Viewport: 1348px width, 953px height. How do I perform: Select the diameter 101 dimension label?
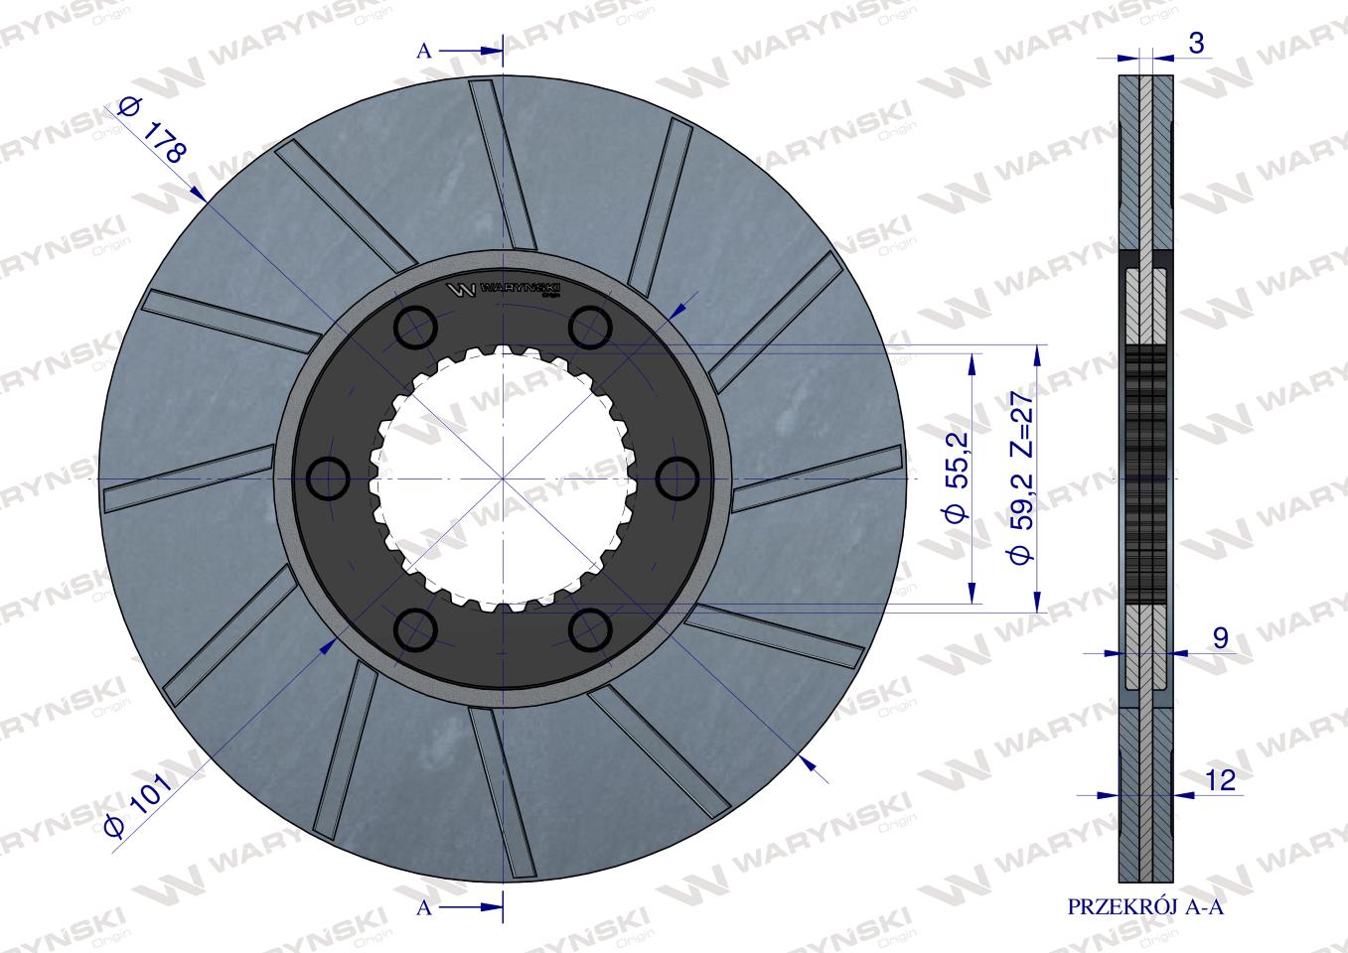click(x=137, y=804)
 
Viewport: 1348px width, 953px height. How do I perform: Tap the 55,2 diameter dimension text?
click(x=957, y=476)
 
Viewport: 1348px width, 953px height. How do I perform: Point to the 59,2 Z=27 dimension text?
click(x=1021, y=476)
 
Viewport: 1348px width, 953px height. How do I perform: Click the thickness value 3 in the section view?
click(x=1196, y=44)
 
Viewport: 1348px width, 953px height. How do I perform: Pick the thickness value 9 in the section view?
click(x=1221, y=638)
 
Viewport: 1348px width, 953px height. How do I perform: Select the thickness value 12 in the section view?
click(x=1221, y=780)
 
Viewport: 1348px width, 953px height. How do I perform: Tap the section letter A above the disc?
click(x=424, y=51)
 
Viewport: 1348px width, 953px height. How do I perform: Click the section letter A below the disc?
click(x=424, y=907)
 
